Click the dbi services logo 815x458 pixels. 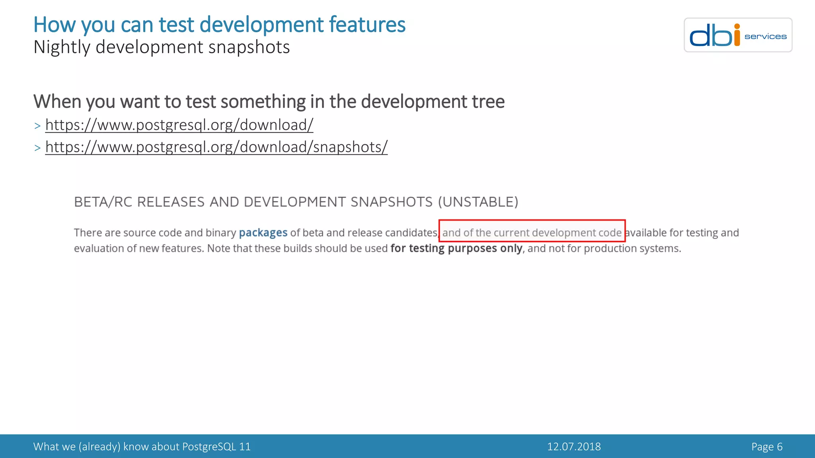point(738,35)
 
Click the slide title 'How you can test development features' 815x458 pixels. point(219,25)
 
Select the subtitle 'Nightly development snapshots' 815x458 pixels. point(162,47)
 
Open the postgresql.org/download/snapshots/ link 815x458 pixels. point(216,147)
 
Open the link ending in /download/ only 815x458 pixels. point(179,125)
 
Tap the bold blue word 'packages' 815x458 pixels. point(263,233)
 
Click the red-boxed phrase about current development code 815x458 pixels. point(532,233)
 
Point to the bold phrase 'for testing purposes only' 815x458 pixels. point(456,248)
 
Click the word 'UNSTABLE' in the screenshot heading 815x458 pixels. point(478,202)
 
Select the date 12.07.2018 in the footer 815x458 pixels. point(574,447)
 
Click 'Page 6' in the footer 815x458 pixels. point(767,447)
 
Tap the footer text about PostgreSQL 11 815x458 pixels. point(142,447)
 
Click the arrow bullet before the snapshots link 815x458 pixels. point(37,148)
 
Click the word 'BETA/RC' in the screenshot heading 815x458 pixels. point(103,202)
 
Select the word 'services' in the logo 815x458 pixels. point(765,37)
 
